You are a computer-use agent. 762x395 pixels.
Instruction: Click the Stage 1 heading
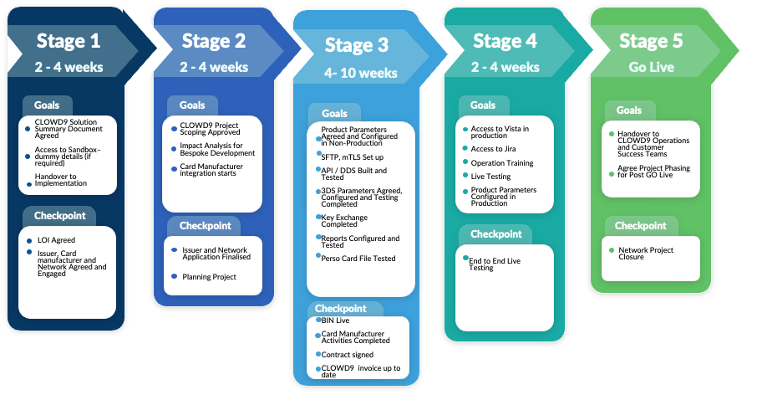[68, 41]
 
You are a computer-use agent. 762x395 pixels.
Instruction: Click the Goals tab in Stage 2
[192, 105]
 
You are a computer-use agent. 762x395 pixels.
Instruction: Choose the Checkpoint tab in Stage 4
[496, 233]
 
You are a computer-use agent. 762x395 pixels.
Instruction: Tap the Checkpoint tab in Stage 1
[59, 216]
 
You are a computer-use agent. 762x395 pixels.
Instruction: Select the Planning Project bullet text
[210, 277]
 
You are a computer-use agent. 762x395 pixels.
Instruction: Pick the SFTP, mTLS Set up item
[353, 156]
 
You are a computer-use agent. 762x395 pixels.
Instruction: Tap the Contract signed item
[347, 355]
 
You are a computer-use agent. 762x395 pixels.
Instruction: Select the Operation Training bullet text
[502, 163]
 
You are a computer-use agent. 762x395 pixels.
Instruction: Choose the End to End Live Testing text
[494, 264]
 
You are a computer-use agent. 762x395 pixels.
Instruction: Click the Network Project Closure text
[646, 254]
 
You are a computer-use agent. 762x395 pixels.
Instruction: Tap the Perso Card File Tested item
[358, 259]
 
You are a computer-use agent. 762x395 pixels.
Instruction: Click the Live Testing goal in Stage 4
[490, 176]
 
